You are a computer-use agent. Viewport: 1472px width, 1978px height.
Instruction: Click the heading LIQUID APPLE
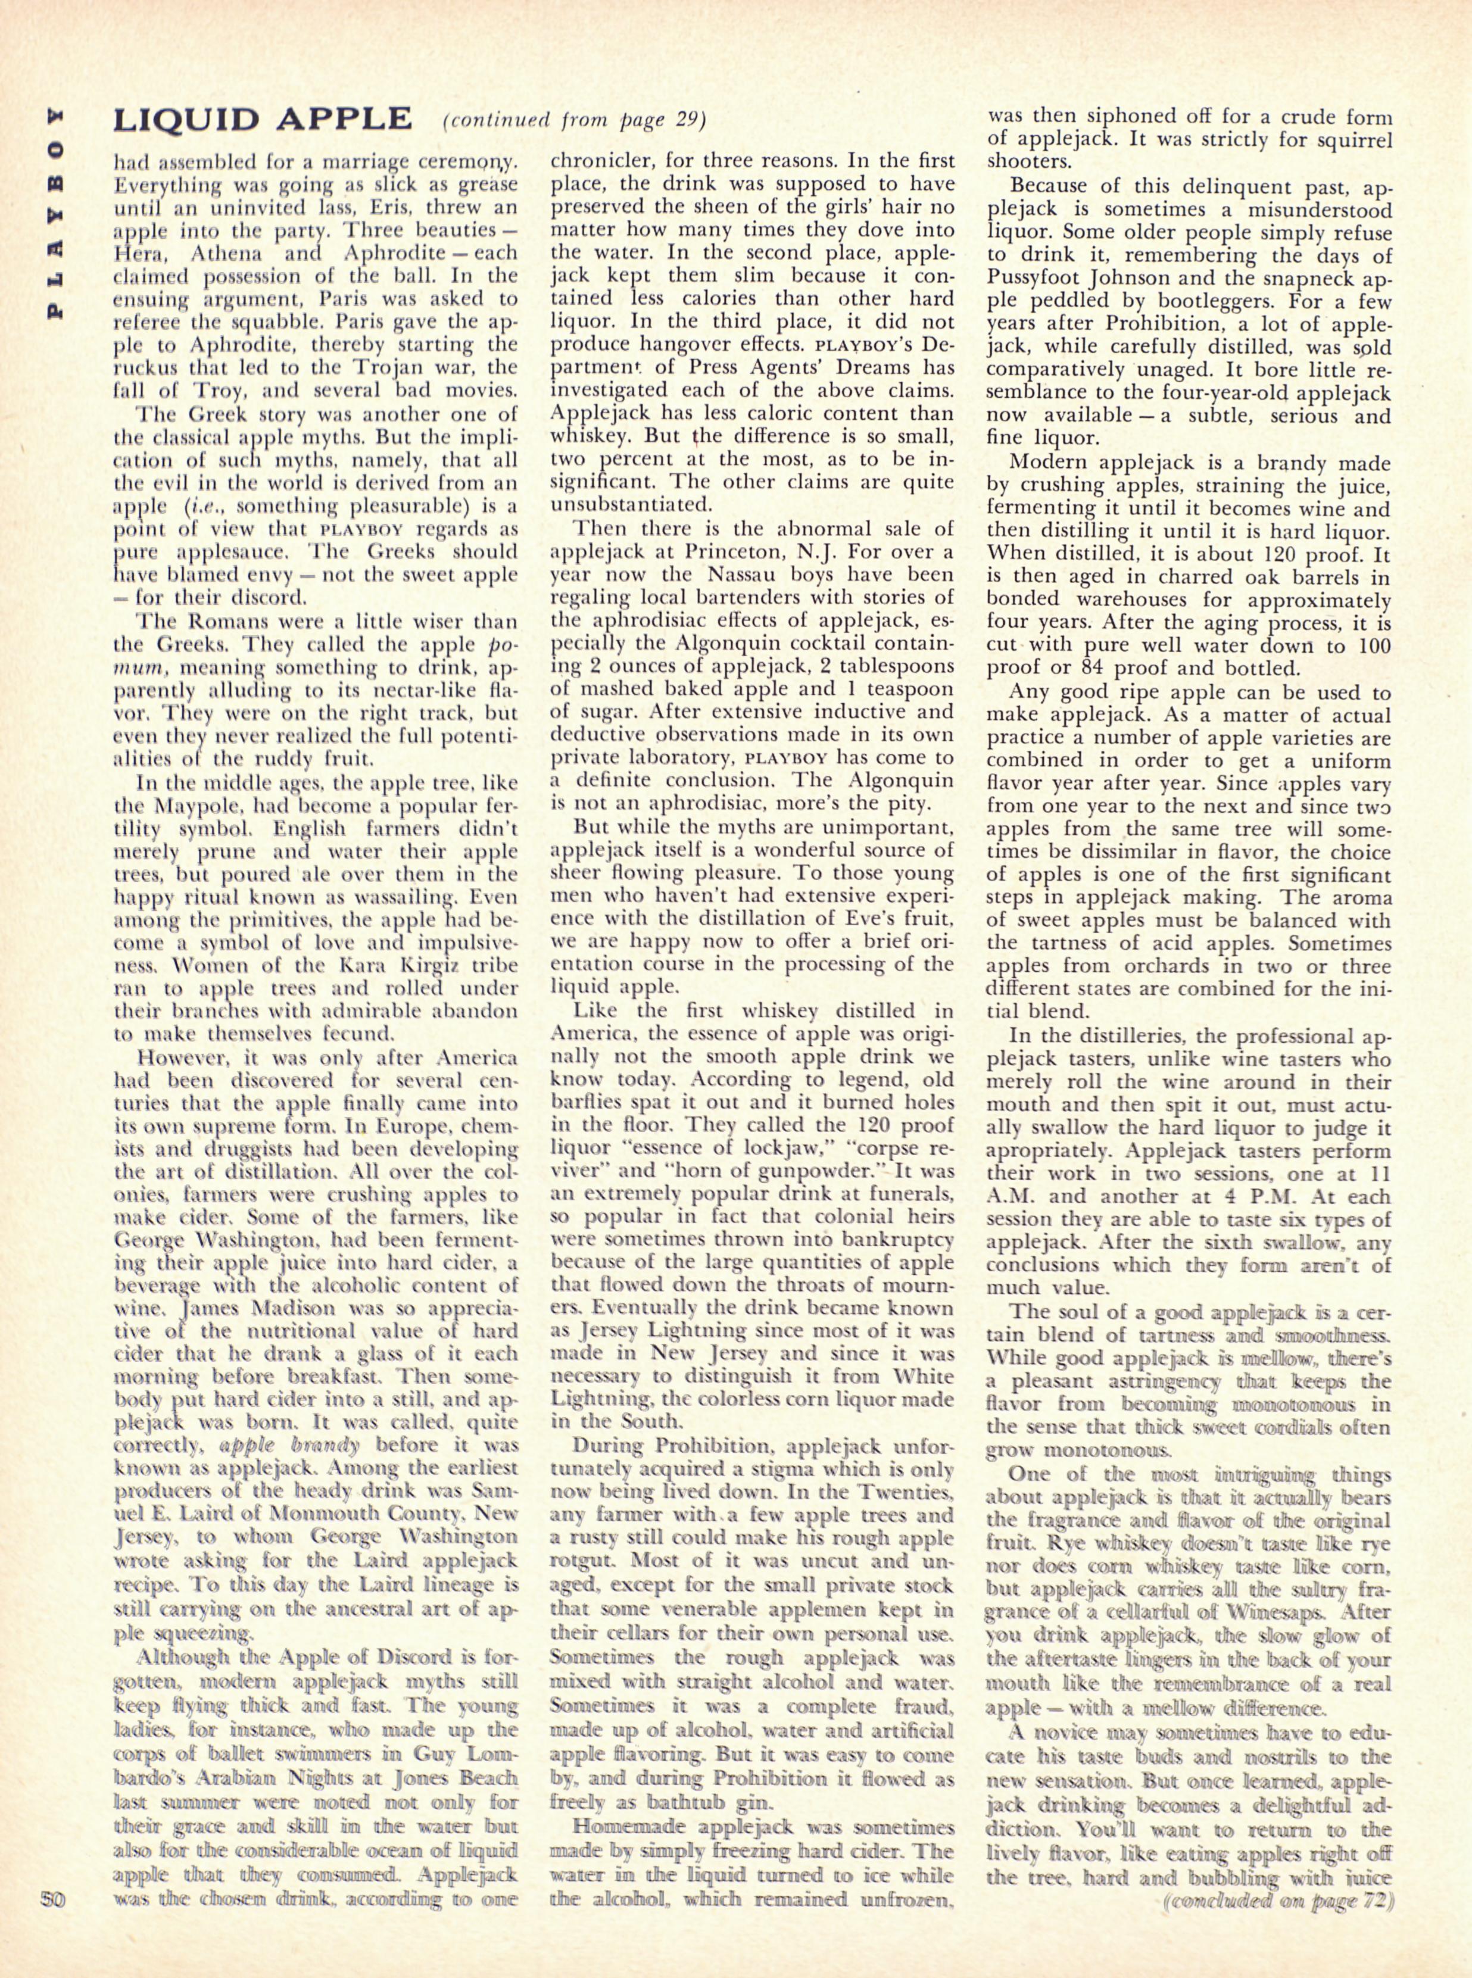coord(262,120)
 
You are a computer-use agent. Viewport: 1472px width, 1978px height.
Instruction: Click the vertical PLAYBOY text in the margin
coord(55,214)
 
